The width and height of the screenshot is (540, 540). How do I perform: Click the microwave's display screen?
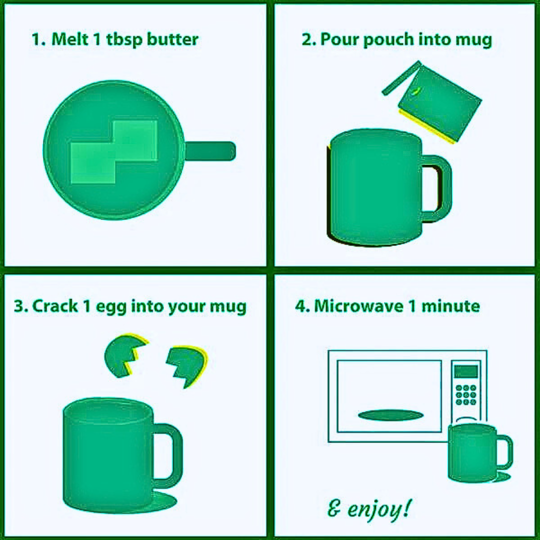coord(465,371)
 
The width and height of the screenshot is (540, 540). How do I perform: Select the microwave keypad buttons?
coord(465,395)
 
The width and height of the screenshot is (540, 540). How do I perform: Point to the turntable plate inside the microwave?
coord(390,414)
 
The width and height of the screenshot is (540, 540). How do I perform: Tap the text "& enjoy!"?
coord(370,509)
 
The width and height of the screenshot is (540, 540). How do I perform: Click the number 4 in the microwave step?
coord(300,306)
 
